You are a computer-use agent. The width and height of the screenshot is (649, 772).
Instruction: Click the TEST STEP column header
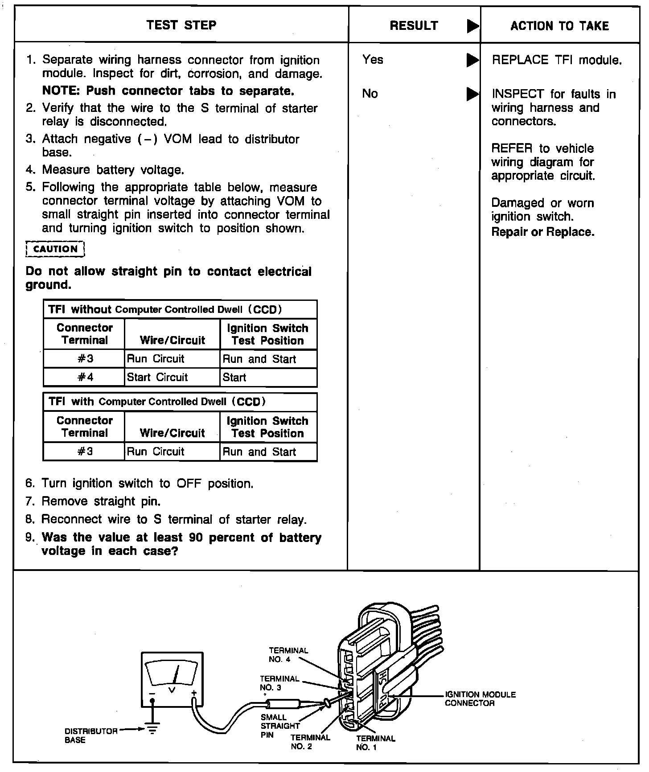pos(181,25)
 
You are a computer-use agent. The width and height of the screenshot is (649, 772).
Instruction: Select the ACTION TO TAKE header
pos(559,26)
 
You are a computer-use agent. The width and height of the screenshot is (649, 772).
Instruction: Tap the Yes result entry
pos(373,59)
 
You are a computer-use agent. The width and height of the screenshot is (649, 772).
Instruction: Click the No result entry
pos(370,93)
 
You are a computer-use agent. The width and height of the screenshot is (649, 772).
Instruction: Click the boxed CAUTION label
pos(55,249)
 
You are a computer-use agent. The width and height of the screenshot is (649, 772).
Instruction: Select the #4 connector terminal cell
pos(85,377)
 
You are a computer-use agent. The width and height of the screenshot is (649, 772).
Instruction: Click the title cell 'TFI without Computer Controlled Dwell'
pos(165,309)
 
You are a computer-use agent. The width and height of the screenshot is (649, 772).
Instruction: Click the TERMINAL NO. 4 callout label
pos(288,655)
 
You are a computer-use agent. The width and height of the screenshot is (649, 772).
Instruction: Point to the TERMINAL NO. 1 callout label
pos(375,743)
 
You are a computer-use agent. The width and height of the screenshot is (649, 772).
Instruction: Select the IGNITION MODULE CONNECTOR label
pos(480,699)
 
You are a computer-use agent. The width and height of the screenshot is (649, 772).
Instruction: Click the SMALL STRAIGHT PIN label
pos(279,726)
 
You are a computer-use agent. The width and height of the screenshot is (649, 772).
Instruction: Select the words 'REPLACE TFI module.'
pos(556,60)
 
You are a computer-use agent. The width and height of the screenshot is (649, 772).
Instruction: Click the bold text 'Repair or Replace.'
pos(542,232)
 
